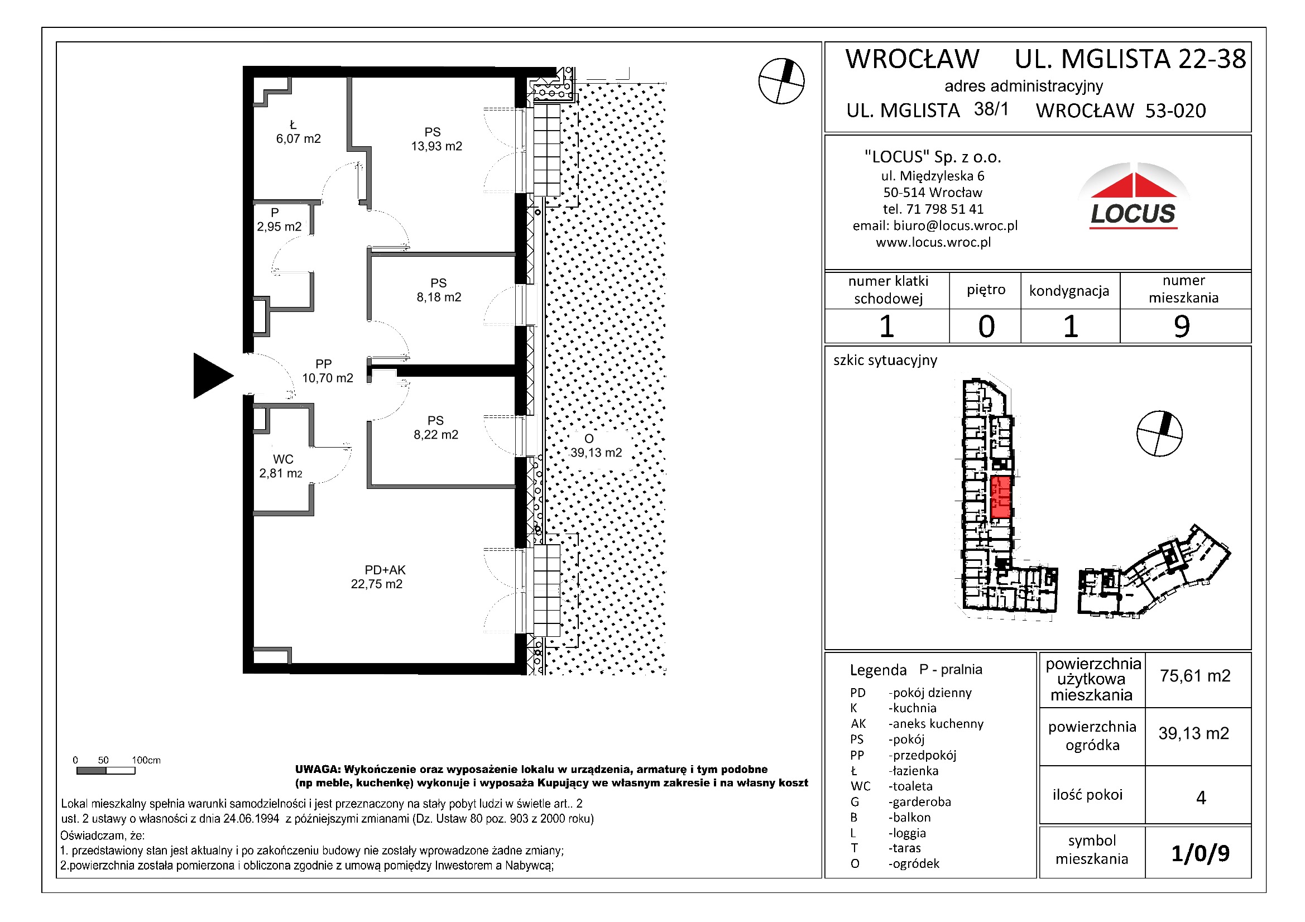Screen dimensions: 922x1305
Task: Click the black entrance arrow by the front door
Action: click(210, 376)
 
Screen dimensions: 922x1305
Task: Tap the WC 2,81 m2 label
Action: click(281, 467)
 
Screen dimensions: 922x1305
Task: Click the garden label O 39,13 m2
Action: click(595, 446)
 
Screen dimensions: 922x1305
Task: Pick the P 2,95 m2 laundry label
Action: click(279, 220)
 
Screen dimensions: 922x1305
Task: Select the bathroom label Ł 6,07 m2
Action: click(298, 132)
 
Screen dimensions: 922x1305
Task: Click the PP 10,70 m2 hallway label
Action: click(327, 371)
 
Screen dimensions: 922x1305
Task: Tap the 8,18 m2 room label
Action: click(438, 290)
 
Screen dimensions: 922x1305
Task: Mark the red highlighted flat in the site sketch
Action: click(1000, 497)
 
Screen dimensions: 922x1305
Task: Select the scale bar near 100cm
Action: click(105, 771)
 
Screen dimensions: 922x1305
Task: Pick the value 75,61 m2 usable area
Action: click(1194, 676)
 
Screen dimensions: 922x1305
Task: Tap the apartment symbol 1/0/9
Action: click(1200, 853)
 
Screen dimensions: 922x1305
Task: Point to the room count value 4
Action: click(1201, 798)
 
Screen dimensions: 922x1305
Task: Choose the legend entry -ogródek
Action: click(913, 863)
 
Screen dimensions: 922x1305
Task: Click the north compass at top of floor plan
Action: click(781, 81)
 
